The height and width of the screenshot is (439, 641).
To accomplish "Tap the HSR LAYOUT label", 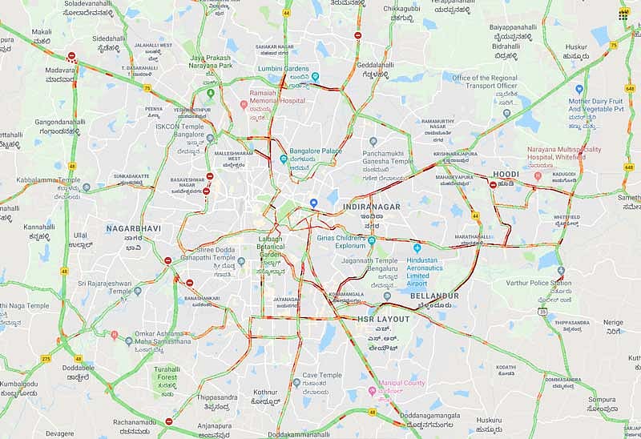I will tap(383, 319).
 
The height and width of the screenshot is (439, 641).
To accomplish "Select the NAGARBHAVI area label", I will tap(133, 228).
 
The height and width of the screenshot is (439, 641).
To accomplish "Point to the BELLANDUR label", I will tap(434, 296).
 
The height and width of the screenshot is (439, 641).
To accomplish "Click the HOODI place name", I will tap(506, 174).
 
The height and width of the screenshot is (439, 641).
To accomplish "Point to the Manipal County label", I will tap(402, 383).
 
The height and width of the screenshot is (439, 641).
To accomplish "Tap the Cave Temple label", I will tap(321, 375).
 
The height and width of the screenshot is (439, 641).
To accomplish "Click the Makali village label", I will tap(42, 32).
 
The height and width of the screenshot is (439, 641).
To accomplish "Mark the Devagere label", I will tap(59, 433).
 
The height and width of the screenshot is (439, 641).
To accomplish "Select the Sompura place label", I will tap(602, 399).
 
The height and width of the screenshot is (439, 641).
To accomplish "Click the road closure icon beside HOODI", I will tap(493, 185).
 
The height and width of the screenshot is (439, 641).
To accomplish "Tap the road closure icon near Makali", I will tap(72, 56).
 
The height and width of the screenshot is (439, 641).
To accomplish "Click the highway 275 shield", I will tap(46, 358).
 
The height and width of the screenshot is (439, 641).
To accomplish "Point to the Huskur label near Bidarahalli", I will tap(575, 47).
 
